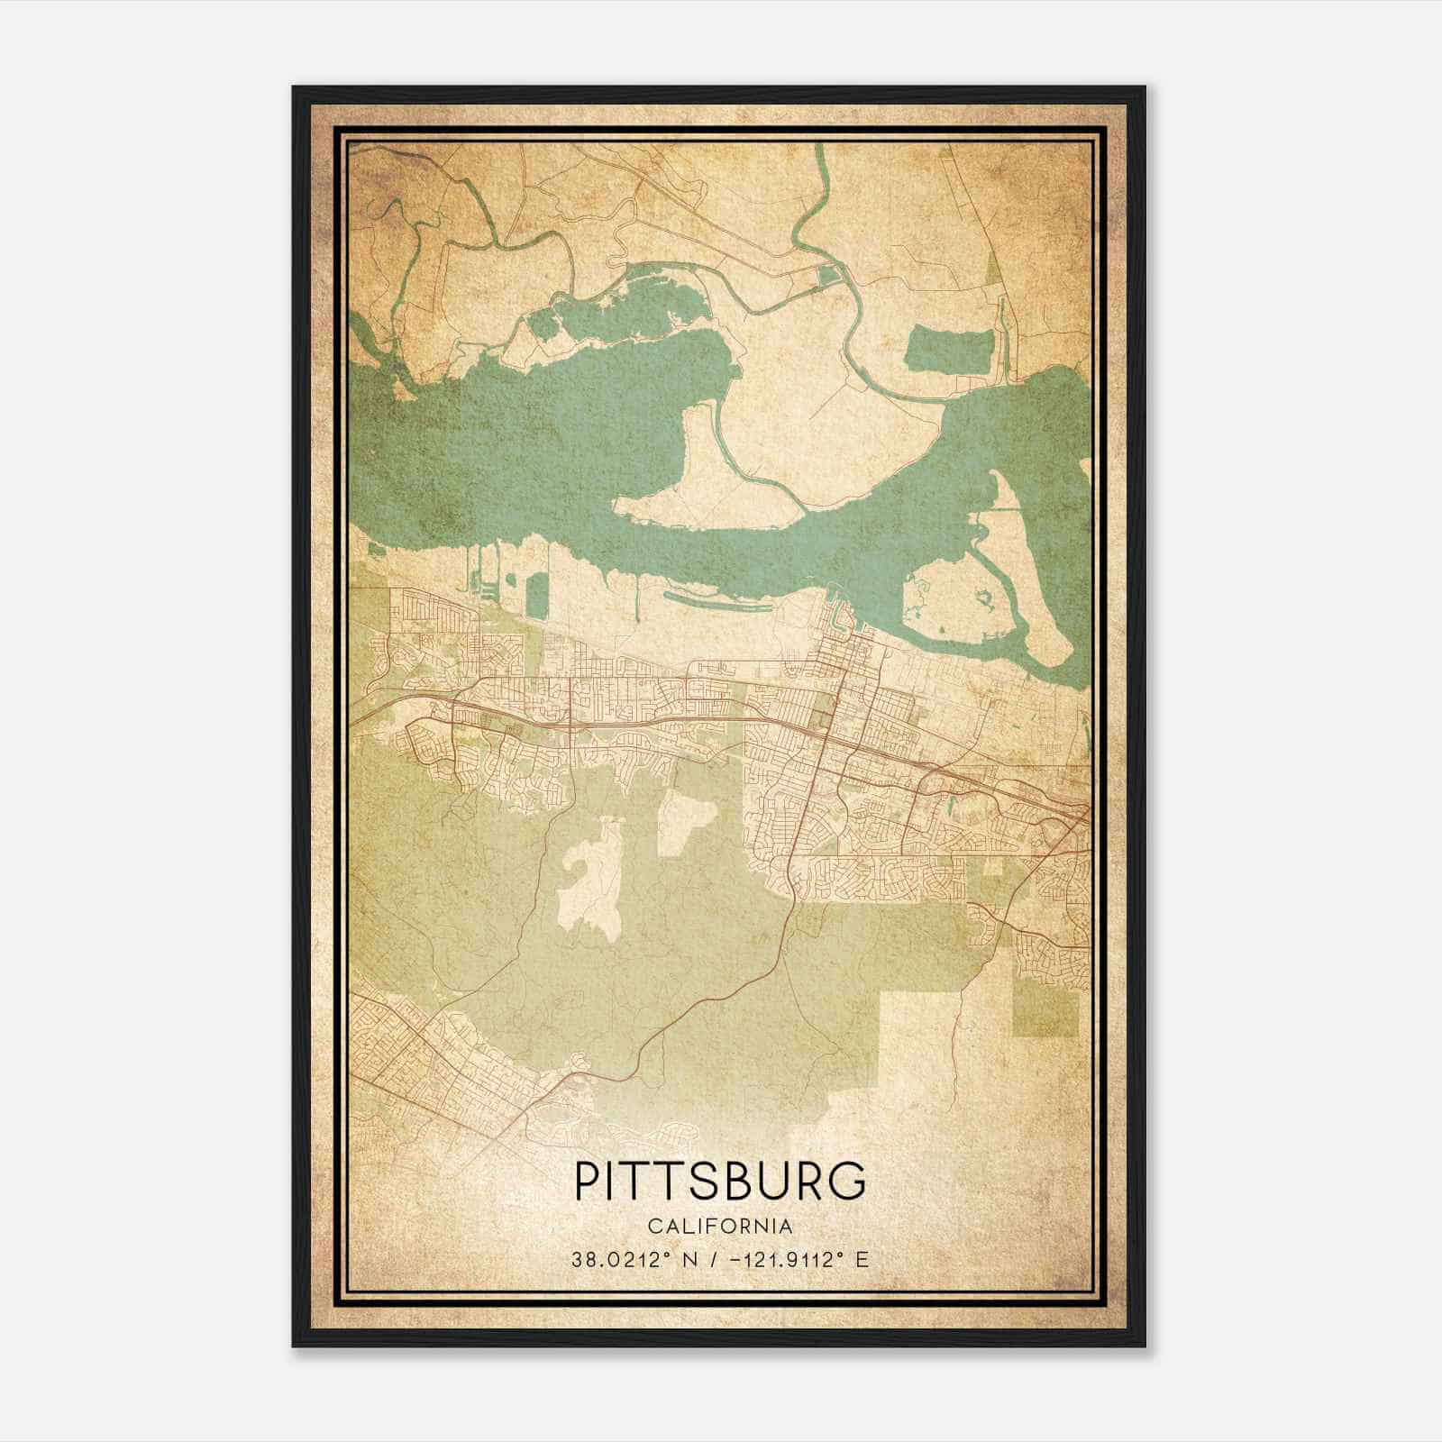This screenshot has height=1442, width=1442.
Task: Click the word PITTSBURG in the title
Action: click(720, 1182)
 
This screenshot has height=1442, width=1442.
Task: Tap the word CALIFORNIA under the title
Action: click(720, 1227)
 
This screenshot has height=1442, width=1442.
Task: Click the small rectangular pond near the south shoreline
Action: click(536, 595)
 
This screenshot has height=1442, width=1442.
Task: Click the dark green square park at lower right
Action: click(1045, 1008)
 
